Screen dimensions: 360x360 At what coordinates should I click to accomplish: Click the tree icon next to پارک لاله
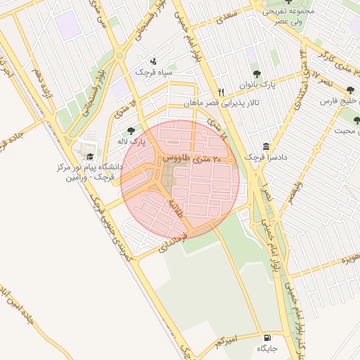(131, 130)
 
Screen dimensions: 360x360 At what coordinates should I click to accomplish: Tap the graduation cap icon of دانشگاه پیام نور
(89, 156)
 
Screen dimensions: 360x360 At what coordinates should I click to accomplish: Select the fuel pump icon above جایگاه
(265, 337)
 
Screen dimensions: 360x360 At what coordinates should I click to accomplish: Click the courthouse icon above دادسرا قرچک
(265, 146)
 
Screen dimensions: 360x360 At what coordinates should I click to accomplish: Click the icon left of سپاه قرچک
(154, 60)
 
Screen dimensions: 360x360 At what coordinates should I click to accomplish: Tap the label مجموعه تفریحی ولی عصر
(287, 15)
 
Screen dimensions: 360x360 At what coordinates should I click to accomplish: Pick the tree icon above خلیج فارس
(350, 90)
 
